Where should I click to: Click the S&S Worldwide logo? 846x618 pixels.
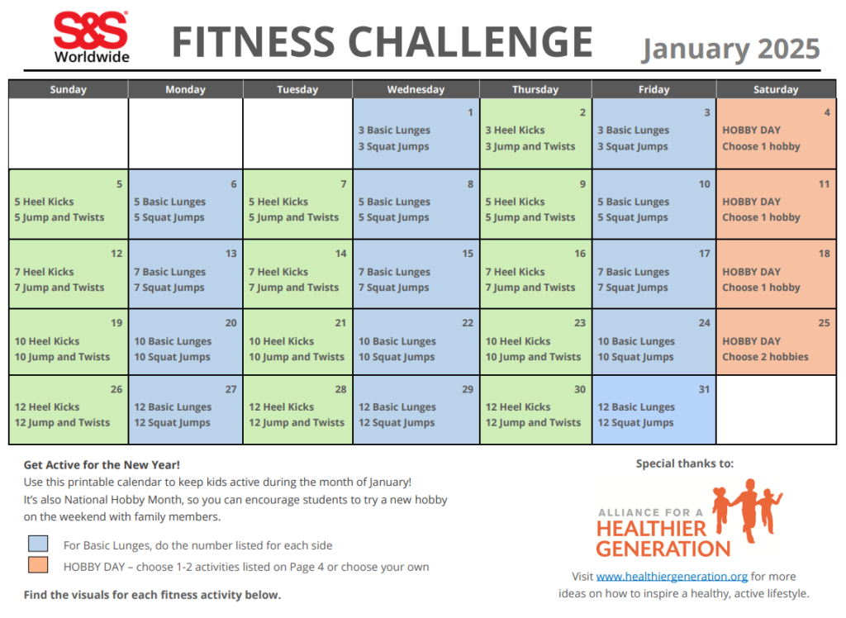91,37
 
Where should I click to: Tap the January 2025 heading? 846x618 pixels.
730,49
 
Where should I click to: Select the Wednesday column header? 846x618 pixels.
415,89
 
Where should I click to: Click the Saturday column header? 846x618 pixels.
776,89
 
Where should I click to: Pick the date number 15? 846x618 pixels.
468,254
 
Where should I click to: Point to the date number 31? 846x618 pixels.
703,389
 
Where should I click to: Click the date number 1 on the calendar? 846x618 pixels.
470,112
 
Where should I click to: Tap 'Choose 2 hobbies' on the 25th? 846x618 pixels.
765,357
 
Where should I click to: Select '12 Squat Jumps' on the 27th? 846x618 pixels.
173,422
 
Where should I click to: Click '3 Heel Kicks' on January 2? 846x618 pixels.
515,130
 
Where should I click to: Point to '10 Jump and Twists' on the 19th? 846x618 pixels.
62,357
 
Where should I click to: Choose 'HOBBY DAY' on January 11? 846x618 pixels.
751,202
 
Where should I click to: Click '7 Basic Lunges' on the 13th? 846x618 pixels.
169,272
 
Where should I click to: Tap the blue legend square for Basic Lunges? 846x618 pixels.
38,544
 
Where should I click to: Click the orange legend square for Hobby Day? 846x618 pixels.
38,566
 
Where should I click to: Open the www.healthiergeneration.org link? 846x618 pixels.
672,576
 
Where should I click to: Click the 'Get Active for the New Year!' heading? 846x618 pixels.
102,465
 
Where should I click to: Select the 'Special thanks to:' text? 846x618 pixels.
684,463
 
